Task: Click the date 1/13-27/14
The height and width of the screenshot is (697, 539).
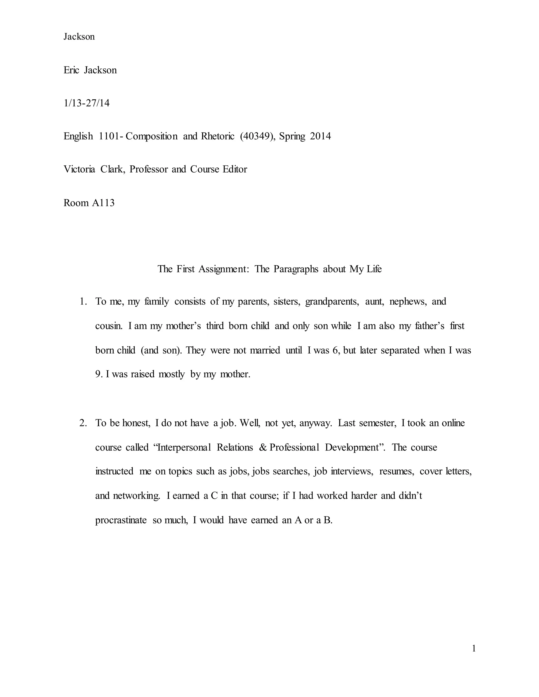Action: click(x=86, y=103)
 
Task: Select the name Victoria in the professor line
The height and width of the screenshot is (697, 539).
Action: click(x=79, y=169)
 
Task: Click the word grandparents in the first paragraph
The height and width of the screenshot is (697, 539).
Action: click(x=332, y=302)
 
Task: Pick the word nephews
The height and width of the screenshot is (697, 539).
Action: click(x=408, y=302)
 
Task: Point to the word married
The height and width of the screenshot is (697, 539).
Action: click(x=265, y=350)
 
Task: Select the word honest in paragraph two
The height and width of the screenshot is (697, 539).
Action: click(x=136, y=423)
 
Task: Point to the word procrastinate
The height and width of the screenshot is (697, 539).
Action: click(x=121, y=520)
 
